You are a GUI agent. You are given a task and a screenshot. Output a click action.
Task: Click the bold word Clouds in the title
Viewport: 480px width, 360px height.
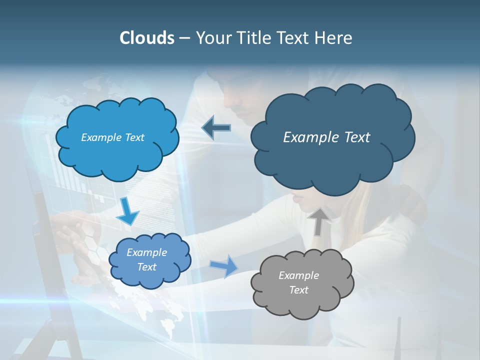(x=146, y=38)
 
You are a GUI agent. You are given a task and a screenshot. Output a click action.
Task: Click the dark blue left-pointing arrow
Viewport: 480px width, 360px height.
(x=216, y=128)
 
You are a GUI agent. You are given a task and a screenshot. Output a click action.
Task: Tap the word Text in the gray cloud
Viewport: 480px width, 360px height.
(x=299, y=290)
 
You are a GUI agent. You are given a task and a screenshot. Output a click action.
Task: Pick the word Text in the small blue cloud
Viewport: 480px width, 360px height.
(x=147, y=267)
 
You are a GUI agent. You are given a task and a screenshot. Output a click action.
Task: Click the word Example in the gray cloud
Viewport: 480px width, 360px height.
(x=298, y=275)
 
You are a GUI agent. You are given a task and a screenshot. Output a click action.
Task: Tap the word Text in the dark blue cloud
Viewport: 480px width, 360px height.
(x=354, y=137)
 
